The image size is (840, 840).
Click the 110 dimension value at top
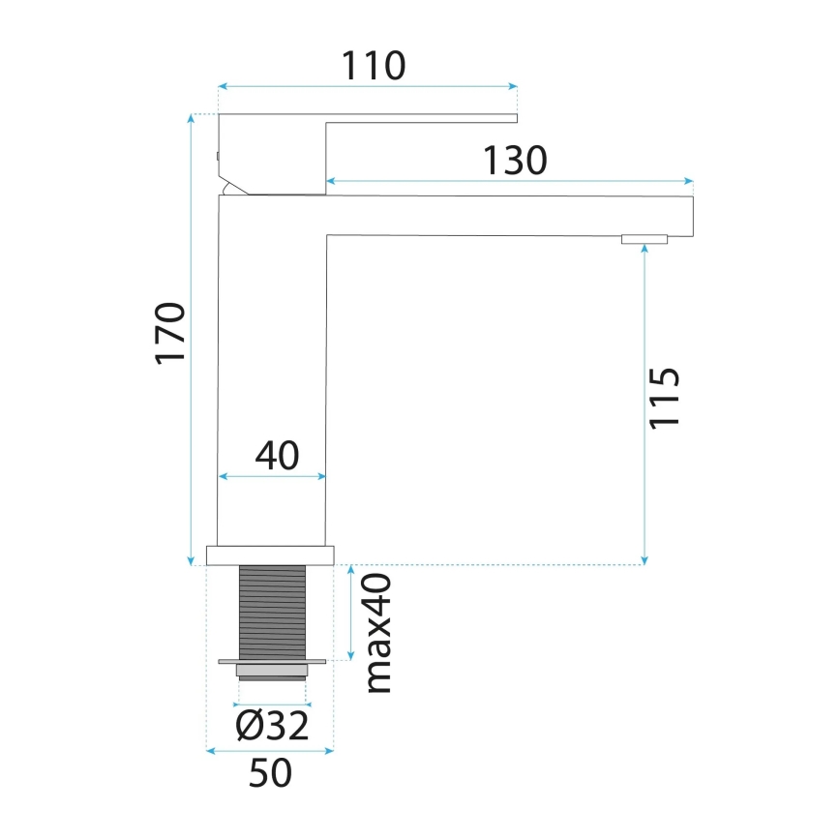coord(373,66)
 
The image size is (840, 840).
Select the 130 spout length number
coord(516,161)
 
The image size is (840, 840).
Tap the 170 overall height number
coord(170,334)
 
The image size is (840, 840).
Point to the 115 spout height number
coord(666,398)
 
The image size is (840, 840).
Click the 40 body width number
coord(276,455)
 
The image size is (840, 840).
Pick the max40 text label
coord(377,632)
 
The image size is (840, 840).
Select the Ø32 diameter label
coord(272,724)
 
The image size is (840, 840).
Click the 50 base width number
coord(270,773)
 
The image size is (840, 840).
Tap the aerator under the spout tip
coord(645,239)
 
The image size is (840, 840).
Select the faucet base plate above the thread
coord(270,555)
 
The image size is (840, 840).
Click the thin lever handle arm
coord(421,118)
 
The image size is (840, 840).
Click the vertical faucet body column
coord(272,387)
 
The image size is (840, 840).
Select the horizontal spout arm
coord(508,215)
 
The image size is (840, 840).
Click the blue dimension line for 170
coord(190,339)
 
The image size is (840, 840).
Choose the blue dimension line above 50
coord(270,749)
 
